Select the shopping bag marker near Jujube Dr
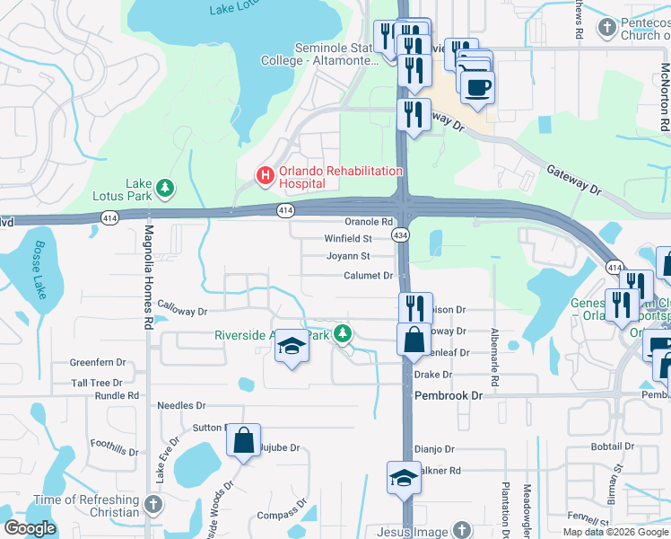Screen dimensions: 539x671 pos(243,440)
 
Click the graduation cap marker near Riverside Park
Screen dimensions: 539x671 pos(292,346)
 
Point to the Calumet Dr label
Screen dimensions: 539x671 pos(370,276)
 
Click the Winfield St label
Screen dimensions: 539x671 pos(348,239)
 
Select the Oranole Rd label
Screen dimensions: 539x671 pos(370,222)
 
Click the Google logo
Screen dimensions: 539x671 pos(30,527)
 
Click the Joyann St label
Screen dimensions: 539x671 pos(349,256)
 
